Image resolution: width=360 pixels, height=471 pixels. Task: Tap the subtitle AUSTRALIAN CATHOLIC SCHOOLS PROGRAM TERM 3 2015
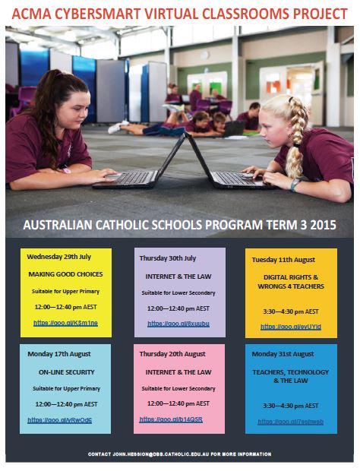coord(179,226)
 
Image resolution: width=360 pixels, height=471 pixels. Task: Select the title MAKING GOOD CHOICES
coord(66,273)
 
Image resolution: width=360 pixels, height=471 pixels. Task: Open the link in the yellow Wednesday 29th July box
coord(66,323)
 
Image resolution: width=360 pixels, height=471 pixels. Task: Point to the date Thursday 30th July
coord(167,258)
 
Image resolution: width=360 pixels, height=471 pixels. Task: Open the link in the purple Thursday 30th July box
coord(178,324)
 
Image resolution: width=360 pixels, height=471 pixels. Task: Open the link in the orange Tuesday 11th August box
coord(291,327)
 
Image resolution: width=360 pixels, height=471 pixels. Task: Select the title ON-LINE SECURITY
coord(66,373)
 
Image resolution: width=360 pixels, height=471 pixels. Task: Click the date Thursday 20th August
coord(172,354)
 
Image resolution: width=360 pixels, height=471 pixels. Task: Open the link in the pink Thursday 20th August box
coord(171,419)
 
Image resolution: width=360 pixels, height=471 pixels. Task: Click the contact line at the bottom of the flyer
coord(179,454)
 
